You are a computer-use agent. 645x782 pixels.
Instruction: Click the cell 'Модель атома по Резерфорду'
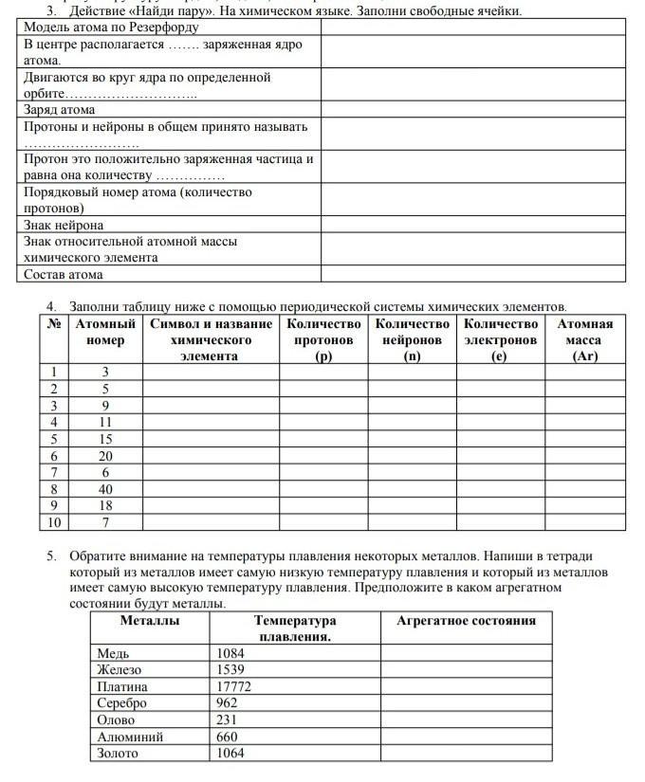(x=111, y=27)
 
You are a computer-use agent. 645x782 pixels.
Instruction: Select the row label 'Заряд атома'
(x=59, y=110)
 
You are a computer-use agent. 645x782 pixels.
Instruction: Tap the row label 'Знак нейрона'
(x=64, y=226)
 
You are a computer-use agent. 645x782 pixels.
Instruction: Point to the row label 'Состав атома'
(x=64, y=275)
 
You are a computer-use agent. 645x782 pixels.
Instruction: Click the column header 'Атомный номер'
(x=104, y=332)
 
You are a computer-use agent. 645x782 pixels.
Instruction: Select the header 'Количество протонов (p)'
(x=323, y=340)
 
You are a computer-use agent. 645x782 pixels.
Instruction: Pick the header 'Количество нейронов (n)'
(x=412, y=340)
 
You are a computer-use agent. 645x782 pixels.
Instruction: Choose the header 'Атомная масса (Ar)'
(x=584, y=340)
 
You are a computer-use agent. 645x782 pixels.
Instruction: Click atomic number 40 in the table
(x=105, y=489)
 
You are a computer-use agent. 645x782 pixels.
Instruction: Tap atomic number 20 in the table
(x=105, y=456)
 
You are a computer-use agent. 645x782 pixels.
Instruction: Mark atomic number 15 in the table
(x=105, y=439)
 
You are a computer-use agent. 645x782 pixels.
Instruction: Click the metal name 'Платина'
(x=122, y=686)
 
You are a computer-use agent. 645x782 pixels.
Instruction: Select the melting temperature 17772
(x=234, y=686)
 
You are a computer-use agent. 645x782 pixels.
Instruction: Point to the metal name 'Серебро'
(x=123, y=703)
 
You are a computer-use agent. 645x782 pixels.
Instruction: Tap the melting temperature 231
(x=228, y=720)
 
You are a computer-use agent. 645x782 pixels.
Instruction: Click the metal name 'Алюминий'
(x=130, y=737)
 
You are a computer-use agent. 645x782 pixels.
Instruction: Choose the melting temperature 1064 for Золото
(x=230, y=754)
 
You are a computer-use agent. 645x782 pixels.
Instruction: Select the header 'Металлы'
(x=150, y=621)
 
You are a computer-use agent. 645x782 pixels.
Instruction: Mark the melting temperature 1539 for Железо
(x=230, y=670)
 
